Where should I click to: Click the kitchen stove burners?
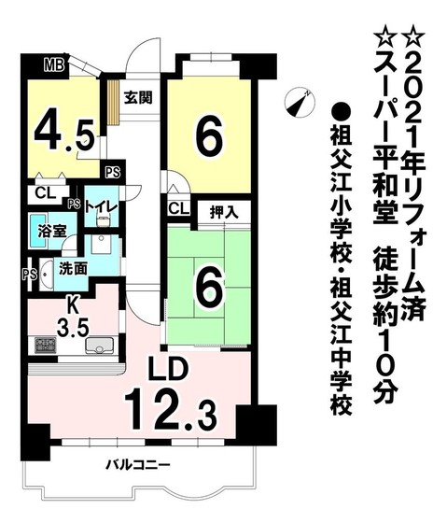[x=47, y=346]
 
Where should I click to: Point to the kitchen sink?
[x=98, y=347]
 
